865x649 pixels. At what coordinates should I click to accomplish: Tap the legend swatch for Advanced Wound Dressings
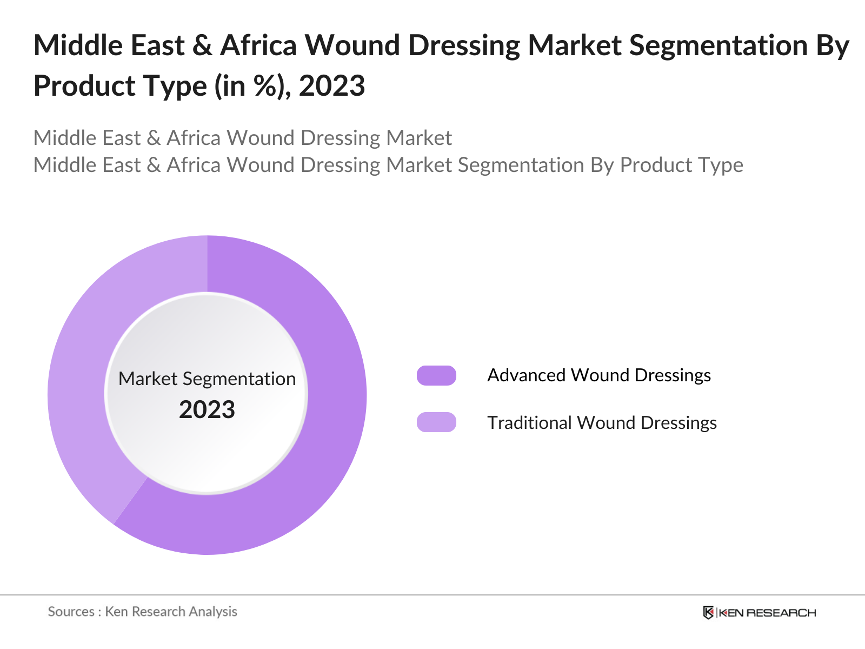436,375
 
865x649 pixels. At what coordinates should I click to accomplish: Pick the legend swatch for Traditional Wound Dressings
436,422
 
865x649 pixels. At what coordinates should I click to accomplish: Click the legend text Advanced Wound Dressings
598,375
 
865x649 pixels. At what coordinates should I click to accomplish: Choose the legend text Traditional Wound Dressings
602,422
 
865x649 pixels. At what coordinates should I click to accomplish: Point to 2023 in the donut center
207,409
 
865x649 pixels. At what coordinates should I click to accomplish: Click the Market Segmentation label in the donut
207,379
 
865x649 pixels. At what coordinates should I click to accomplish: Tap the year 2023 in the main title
332,85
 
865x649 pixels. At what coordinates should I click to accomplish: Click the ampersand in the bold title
202,45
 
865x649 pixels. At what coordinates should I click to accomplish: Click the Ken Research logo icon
708,612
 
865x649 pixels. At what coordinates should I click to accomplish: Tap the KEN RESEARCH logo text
767,613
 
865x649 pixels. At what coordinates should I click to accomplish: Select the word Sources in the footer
71,612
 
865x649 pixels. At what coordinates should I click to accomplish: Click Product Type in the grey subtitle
681,165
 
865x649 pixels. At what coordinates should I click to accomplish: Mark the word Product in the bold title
74,85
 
